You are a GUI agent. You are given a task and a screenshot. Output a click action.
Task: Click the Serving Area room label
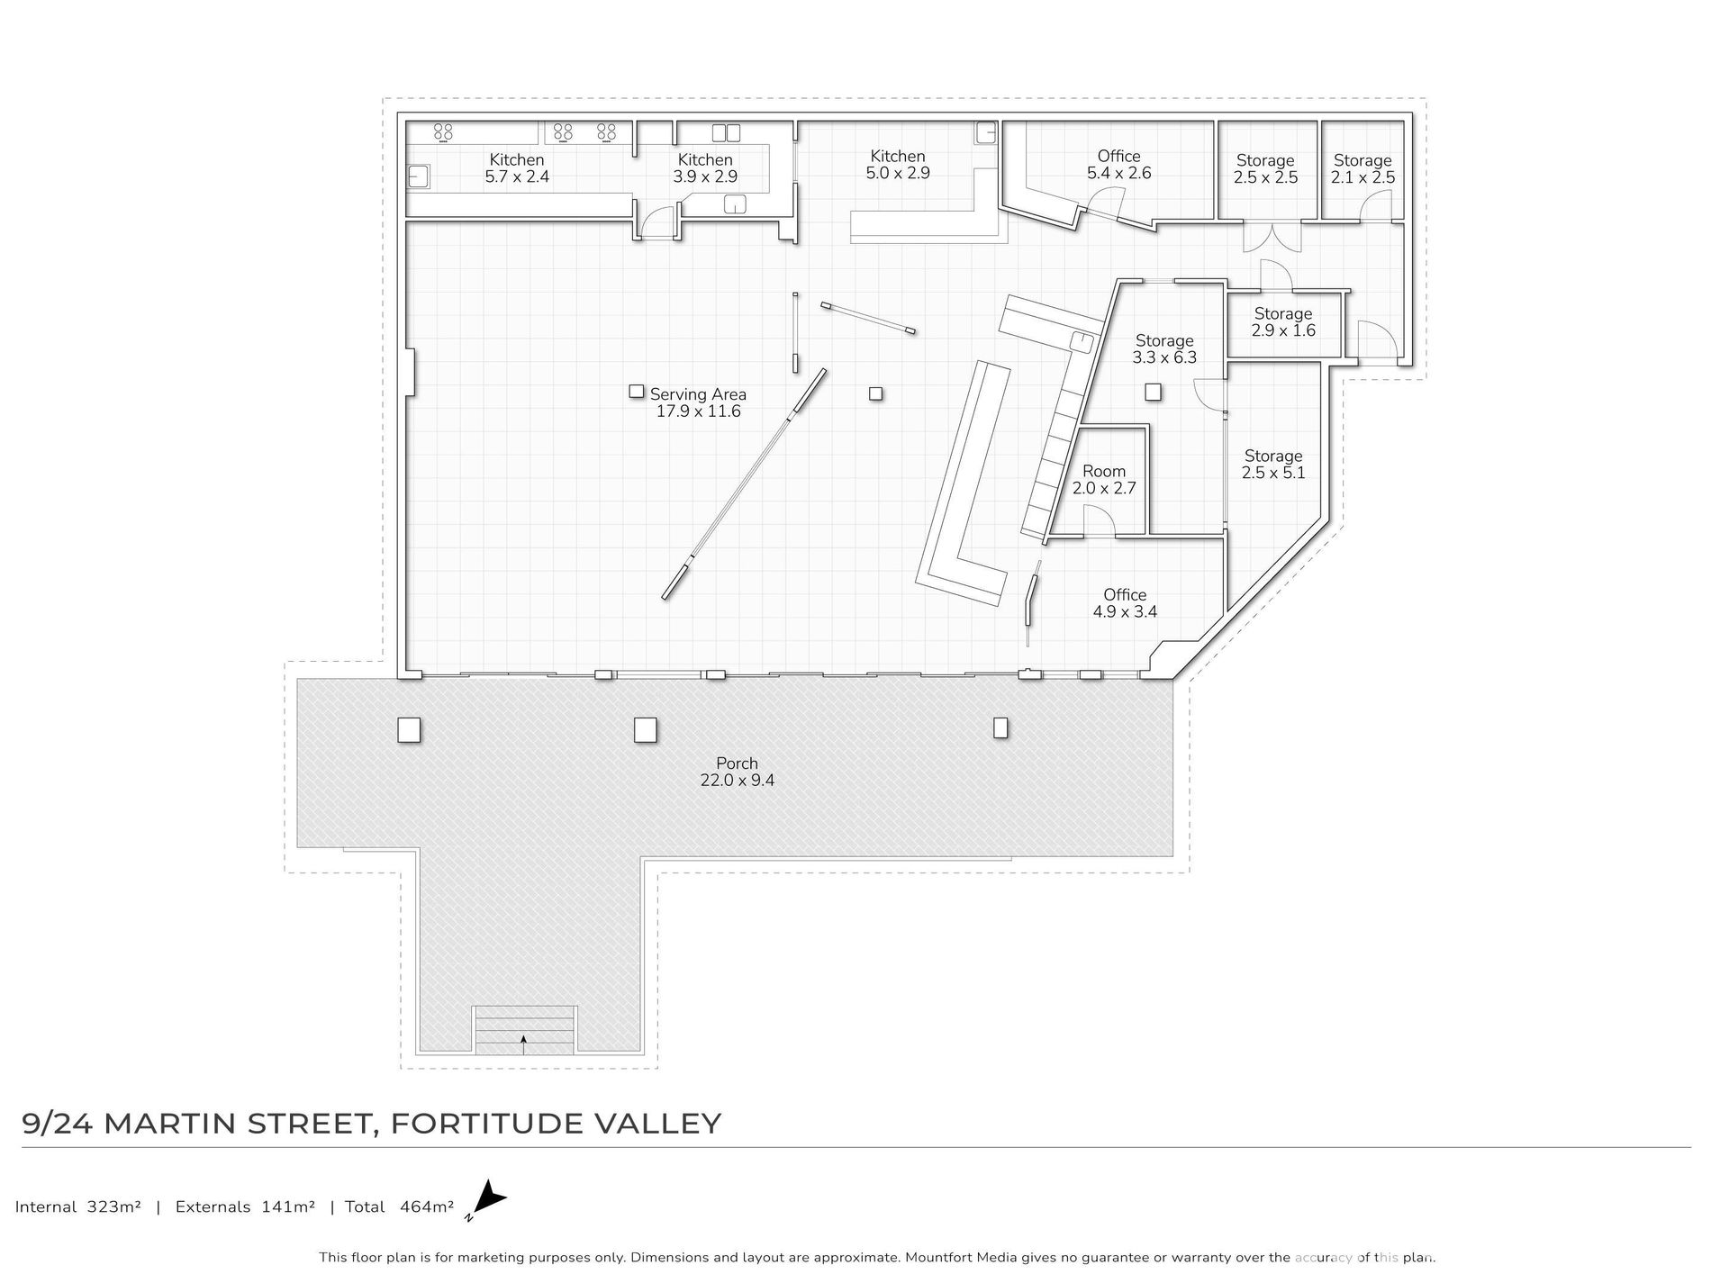[x=698, y=402]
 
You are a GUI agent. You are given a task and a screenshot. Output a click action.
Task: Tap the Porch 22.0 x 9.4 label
[x=737, y=772]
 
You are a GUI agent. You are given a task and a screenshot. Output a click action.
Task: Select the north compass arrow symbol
[x=488, y=1199]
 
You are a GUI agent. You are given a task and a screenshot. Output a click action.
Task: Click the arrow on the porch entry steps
[x=523, y=1044]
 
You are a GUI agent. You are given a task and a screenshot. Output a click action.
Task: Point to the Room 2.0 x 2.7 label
[x=1104, y=480]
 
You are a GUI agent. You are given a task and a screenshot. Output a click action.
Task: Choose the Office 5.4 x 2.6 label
[x=1118, y=165]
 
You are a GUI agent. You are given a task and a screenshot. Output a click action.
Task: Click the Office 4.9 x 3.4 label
[x=1125, y=603]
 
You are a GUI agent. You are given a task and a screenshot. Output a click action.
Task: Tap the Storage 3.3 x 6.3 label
[x=1164, y=348]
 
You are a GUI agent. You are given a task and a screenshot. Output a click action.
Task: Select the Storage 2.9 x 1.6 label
[x=1283, y=321]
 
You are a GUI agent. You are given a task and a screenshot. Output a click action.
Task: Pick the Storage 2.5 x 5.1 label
[x=1273, y=464]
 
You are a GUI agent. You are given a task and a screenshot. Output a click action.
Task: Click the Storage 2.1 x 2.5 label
[x=1362, y=169]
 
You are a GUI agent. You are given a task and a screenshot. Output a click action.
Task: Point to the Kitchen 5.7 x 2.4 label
[x=517, y=168]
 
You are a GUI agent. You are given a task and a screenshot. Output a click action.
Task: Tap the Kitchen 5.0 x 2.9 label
[x=898, y=165]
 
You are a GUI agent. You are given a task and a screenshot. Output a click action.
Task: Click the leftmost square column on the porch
[x=409, y=729]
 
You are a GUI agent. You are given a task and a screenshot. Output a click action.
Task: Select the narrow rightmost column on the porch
[x=1000, y=727]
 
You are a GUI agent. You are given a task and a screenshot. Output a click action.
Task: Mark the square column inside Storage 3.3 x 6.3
[x=1153, y=392]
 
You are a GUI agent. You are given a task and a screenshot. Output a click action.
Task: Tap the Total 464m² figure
[x=399, y=1206]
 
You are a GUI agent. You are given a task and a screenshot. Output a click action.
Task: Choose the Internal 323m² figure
[x=78, y=1206]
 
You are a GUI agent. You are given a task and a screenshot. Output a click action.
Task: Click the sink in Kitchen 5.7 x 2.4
[x=419, y=176]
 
